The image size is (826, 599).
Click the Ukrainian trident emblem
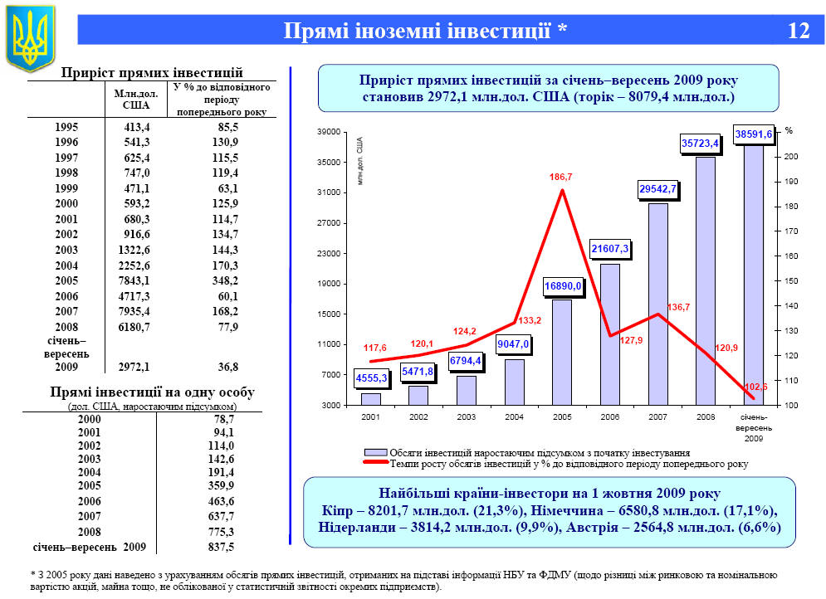30,38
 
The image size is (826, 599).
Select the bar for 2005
562,353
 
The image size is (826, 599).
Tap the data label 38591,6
753,134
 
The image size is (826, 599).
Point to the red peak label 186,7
561,177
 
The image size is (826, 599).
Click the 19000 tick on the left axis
330,284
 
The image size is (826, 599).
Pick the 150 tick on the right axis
790,281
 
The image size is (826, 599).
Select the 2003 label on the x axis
467,416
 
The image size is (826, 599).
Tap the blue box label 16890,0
563,286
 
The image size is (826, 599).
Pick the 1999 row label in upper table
67,188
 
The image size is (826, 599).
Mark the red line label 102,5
755,387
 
